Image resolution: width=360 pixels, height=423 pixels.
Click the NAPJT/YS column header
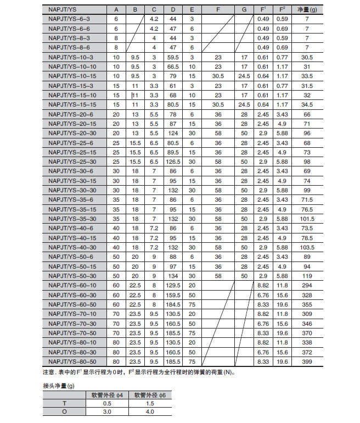(x=62, y=10)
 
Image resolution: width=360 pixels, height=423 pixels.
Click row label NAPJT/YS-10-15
(x=71, y=76)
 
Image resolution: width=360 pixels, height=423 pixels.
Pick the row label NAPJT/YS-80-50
(x=71, y=361)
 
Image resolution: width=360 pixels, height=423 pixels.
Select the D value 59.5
(x=173, y=57)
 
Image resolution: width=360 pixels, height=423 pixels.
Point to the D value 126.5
(x=173, y=162)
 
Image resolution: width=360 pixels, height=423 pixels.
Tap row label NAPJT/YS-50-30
(x=71, y=276)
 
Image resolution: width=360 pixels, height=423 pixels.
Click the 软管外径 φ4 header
(x=110, y=395)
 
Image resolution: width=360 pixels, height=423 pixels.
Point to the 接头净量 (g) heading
(x=60, y=385)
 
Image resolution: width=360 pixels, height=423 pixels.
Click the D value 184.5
(x=173, y=304)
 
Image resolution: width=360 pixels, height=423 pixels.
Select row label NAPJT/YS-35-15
(x=71, y=209)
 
